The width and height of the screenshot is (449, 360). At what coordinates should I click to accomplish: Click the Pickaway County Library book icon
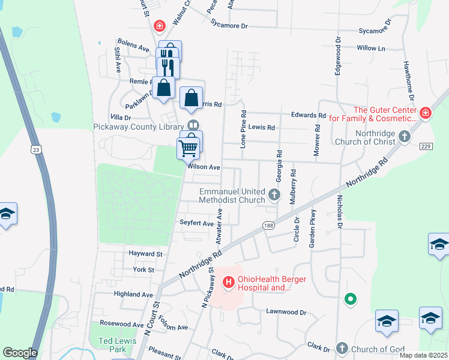(193, 125)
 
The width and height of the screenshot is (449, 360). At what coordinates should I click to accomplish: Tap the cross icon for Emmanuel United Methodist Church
(274, 194)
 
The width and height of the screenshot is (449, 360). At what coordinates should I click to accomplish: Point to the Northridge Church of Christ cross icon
(405, 136)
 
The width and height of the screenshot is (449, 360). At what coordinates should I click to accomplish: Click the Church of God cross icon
(342, 348)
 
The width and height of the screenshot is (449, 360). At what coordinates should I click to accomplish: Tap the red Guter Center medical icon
(425, 112)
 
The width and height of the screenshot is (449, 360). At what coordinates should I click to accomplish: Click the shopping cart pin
(188, 147)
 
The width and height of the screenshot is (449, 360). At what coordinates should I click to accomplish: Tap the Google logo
(20, 353)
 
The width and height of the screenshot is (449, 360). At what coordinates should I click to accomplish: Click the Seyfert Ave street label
(197, 223)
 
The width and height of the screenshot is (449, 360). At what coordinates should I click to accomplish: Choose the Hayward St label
(146, 254)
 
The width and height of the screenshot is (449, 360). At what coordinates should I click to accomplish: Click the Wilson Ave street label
(204, 167)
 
